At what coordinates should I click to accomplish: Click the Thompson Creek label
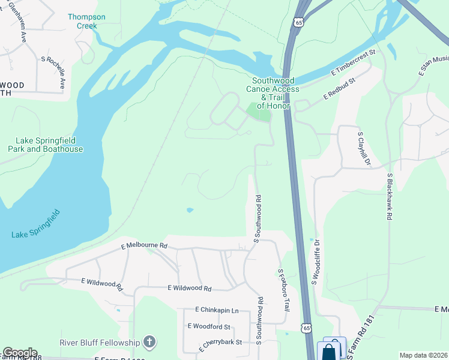pos(86,22)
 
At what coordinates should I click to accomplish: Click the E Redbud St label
pos(339,88)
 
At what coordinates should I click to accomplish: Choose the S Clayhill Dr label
pos(364,150)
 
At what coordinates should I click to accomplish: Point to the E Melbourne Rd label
pos(144,246)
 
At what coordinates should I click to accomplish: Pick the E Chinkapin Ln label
pos(217,310)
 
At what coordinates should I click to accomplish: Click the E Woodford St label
pos(209,326)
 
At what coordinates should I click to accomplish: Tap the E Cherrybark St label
pos(220,342)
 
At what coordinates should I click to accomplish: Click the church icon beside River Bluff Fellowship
pos(149,343)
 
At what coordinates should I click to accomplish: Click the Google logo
pos(19,353)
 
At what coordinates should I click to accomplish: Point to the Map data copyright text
pos(424,355)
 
